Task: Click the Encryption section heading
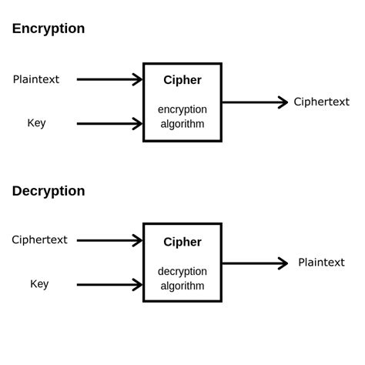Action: tap(49, 28)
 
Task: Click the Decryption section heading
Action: tap(49, 191)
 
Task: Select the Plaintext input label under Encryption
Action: tap(36, 79)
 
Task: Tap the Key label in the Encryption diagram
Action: tap(36, 123)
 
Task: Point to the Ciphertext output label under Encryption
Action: tap(321, 102)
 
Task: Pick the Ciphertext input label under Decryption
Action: tap(39, 239)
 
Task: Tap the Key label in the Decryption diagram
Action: tap(39, 284)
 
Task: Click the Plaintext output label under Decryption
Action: tap(321, 263)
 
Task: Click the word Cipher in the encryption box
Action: tap(182, 80)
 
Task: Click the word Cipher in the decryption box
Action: tap(182, 242)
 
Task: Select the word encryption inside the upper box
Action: tap(182, 109)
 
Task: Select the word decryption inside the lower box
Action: tap(182, 271)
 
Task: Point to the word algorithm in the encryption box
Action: tap(182, 124)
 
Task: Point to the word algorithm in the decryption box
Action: tap(182, 286)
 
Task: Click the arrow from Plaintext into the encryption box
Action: tap(109, 79)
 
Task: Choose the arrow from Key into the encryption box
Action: tap(109, 123)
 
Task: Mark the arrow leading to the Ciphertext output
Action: tap(254, 102)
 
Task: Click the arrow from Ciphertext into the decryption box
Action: tap(109, 240)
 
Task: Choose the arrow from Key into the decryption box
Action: tap(109, 285)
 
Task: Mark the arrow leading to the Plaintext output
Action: tap(254, 263)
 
